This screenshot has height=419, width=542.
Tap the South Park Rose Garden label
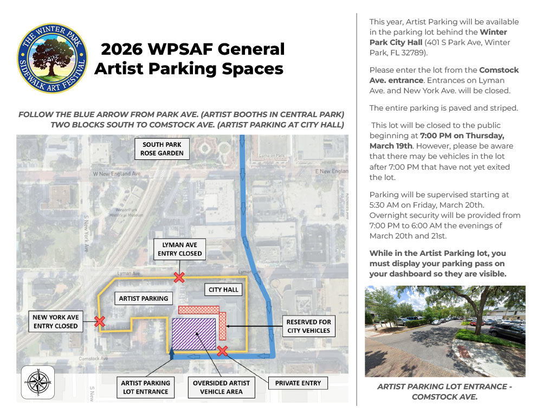(x=163, y=149)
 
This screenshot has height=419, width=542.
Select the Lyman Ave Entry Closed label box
(x=179, y=249)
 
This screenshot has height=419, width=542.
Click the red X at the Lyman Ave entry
(x=179, y=278)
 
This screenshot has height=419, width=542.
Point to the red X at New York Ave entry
(x=99, y=321)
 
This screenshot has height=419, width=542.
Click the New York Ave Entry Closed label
(x=55, y=321)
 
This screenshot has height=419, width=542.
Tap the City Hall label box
(x=223, y=290)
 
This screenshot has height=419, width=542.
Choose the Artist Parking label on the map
(x=144, y=298)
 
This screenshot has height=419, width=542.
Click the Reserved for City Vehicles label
(x=309, y=326)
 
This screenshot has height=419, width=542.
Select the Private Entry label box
(x=298, y=383)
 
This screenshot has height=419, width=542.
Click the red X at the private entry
(x=222, y=351)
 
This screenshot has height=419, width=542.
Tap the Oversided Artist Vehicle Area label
(x=221, y=387)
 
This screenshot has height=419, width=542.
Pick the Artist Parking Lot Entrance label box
(x=146, y=387)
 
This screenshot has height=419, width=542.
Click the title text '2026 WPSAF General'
(x=192, y=49)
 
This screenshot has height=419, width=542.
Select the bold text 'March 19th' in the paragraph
(x=391, y=146)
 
